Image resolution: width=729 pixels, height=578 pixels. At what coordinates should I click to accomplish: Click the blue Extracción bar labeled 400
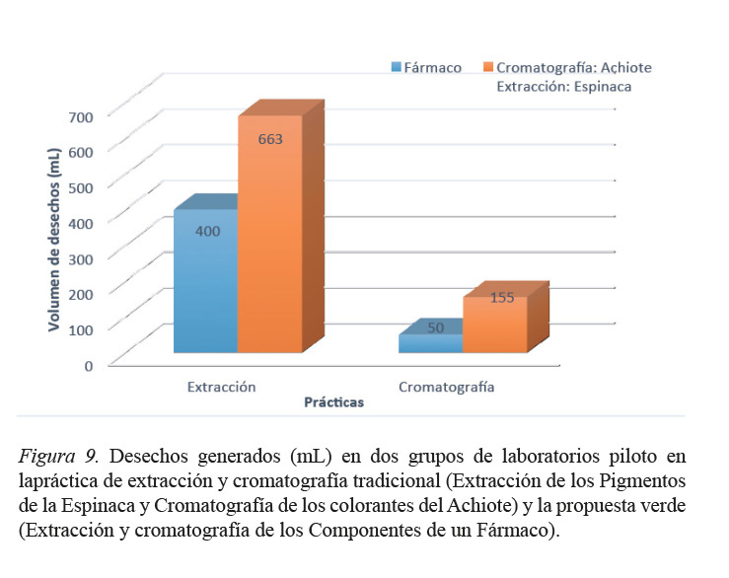[x=205, y=281]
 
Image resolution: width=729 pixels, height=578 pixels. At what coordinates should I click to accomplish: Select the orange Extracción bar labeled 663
[x=269, y=237]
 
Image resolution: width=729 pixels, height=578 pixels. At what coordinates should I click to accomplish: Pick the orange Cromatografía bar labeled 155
[x=495, y=324]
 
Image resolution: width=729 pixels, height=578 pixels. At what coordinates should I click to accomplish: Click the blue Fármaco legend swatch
[x=396, y=67]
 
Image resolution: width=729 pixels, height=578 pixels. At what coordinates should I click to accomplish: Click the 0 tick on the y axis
[x=88, y=365]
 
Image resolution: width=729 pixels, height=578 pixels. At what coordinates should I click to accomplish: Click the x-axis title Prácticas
[x=333, y=402]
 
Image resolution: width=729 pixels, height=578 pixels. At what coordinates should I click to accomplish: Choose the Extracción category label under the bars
[x=221, y=387]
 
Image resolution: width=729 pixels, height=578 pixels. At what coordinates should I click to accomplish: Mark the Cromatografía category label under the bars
[x=446, y=387]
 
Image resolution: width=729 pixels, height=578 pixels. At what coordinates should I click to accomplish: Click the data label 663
[x=270, y=139]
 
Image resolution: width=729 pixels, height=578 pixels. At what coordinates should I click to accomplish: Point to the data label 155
[x=502, y=297]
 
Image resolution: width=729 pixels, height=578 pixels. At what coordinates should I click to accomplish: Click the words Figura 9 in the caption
[x=57, y=457]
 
